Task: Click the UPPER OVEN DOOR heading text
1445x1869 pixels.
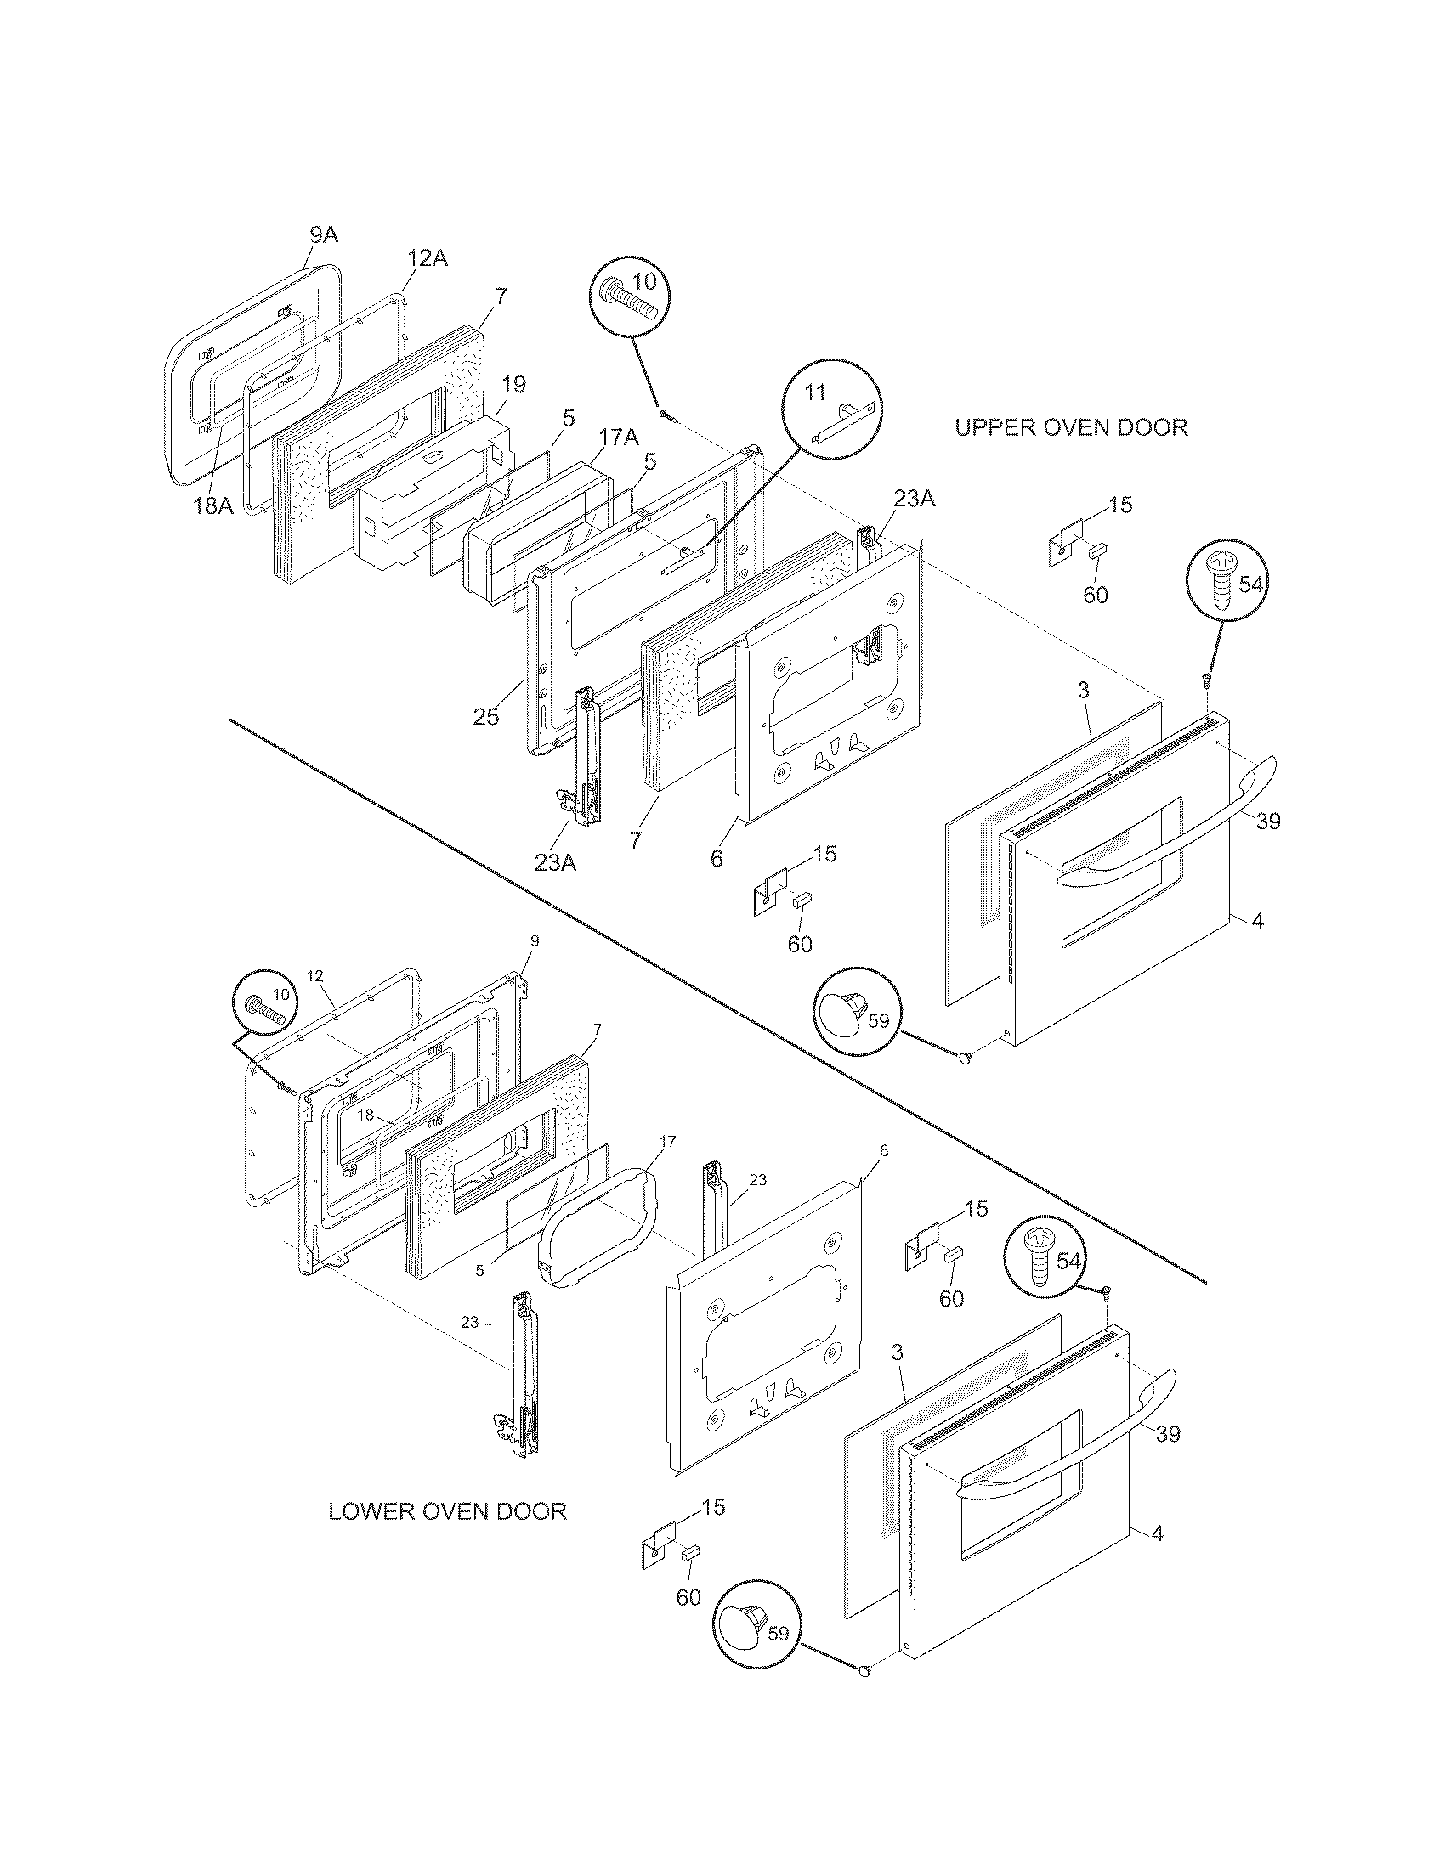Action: tap(1071, 427)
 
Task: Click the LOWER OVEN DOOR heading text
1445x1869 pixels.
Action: tap(447, 1510)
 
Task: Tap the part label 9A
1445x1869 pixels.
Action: tap(323, 234)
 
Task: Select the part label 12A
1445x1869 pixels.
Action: tap(427, 257)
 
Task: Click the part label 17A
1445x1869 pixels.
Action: tap(618, 438)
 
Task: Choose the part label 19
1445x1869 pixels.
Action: tap(513, 384)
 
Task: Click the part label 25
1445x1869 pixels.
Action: tap(485, 715)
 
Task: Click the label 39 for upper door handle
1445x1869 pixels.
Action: tap(1268, 821)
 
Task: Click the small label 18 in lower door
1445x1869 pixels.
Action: tap(365, 1115)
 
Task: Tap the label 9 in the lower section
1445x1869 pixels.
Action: tap(534, 940)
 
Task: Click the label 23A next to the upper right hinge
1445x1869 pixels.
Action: tap(914, 499)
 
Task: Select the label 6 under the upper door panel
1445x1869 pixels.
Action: tap(717, 857)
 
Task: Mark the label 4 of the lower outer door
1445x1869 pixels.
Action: tap(1157, 1533)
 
